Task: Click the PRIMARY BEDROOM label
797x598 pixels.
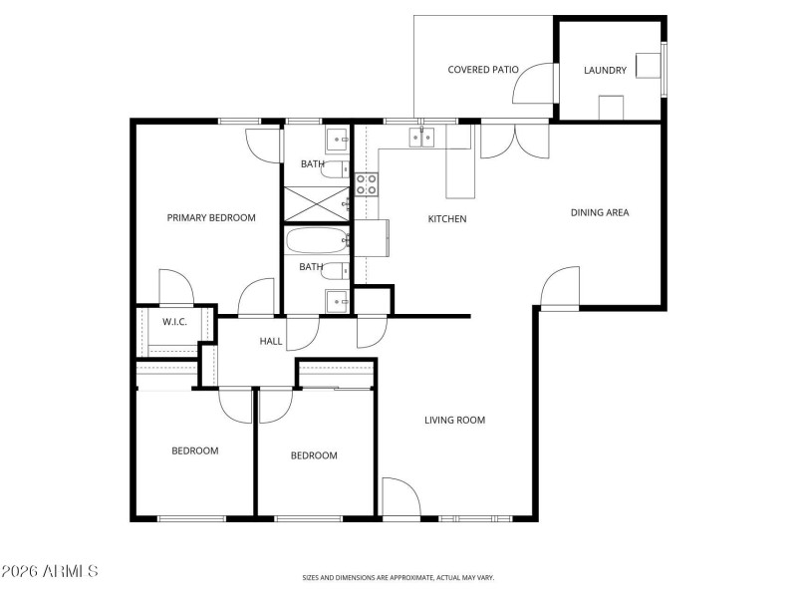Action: [x=211, y=217]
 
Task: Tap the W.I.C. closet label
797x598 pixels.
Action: [x=175, y=322]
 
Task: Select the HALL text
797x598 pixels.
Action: [x=271, y=341]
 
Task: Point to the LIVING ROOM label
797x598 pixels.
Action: [x=454, y=420]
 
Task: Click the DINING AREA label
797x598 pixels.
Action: [x=599, y=212]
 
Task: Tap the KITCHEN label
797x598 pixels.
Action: [x=447, y=219]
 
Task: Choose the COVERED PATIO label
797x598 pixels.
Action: [x=483, y=70]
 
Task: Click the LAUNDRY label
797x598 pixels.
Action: [x=605, y=70]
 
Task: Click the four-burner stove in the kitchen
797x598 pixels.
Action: [x=367, y=184]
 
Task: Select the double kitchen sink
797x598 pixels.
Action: [x=425, y=139]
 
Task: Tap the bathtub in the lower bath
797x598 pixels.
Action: [x=316, y=240]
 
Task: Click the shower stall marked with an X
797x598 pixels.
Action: [x=315, y=204]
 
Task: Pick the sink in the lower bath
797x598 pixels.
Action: [x=337, y=300]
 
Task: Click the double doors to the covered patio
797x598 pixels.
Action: [x=514, y=142]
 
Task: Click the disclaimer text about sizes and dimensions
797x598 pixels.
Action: [x=398, y=577]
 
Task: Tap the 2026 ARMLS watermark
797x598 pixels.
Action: [x=50, y=571]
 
